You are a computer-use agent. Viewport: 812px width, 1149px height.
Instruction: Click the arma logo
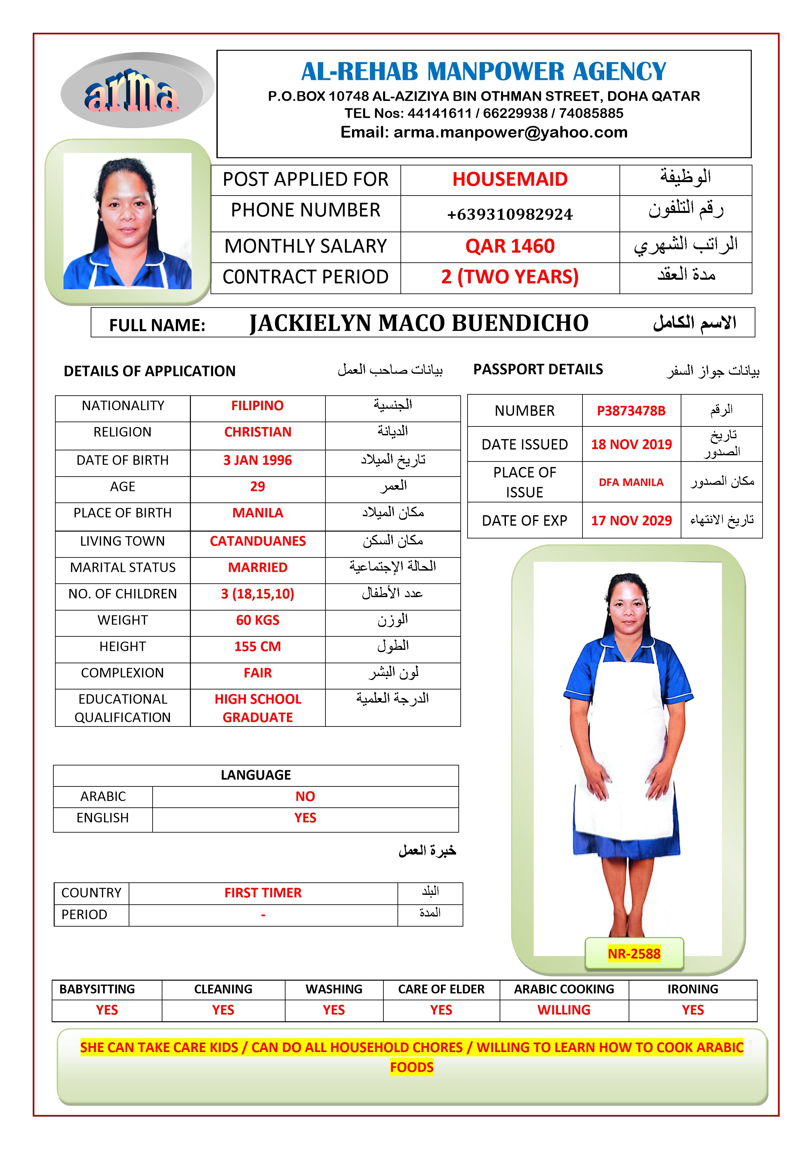(x=132, y=92)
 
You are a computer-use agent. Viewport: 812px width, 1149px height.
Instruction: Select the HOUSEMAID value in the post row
(x=509, y=179)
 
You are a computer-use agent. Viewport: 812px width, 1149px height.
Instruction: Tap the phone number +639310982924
(x=509, y=214)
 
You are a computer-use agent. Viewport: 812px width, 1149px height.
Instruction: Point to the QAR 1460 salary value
(x=509, y=246)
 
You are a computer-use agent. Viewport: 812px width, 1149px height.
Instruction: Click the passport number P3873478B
(x=631, y=411)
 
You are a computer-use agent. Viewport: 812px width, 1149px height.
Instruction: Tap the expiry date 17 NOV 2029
(x=631, y=520)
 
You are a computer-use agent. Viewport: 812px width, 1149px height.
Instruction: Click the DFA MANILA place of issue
(x=631, y=482)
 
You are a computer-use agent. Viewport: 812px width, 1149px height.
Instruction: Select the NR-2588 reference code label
(x=634, y=954)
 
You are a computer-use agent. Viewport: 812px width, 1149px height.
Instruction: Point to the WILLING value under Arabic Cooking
(x=563, y=1010)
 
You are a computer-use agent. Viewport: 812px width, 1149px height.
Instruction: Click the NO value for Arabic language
(x=305, y=796)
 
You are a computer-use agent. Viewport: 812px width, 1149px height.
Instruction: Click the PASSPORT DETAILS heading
(x=538, y=369)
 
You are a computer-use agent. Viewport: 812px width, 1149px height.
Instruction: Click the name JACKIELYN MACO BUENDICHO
(x=419, y=323)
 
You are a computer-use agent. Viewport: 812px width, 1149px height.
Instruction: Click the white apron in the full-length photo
(x=625, y=751)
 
